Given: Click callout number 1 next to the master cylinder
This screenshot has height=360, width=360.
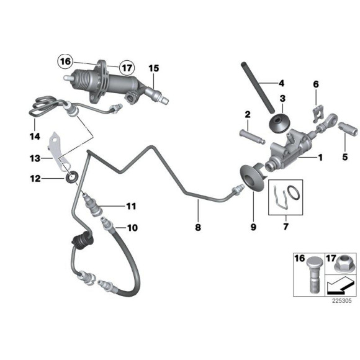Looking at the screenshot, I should point(321,158).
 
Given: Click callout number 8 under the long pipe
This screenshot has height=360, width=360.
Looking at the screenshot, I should point(199,228).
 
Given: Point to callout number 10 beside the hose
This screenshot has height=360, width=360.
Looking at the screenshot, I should point(131,228).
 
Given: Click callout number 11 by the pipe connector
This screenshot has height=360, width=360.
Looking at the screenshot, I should point(131,205).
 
